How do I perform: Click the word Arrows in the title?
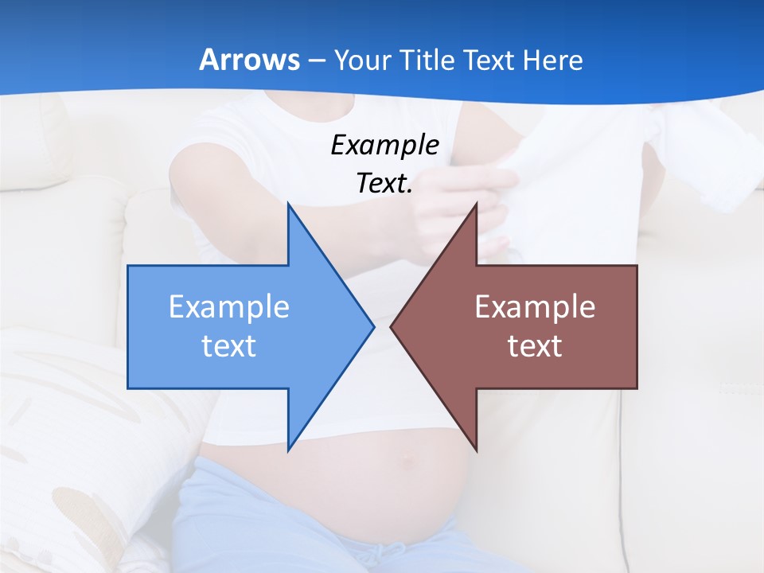pos(248,60)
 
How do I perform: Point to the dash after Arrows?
pos(316,60)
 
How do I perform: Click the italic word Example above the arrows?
pos(384,145)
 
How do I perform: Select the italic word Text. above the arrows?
pos(384,184)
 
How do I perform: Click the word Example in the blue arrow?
pos(229,306)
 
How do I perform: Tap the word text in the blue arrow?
pos(229,345)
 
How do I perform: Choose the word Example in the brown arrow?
pos(535,306)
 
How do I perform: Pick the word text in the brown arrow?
pos(535,345)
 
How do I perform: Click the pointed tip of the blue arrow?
pos(372,326)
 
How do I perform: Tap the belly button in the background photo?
pos(408,459)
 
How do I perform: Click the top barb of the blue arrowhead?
pos(289,206)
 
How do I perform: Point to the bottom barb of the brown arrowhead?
pos(476,449)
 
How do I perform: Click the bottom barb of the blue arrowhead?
pos(289,449)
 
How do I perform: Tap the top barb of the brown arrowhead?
pos(476,206)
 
